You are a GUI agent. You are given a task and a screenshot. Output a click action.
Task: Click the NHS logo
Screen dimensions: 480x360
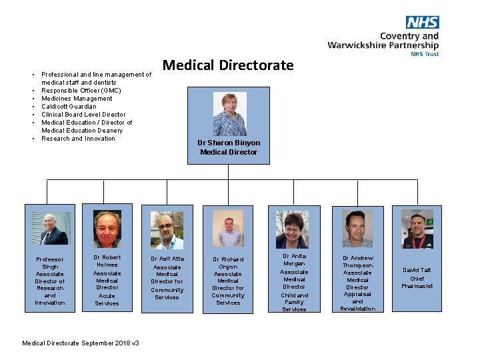[422, 23]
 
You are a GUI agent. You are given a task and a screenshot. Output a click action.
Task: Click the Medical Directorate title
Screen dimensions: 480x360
[228, 65]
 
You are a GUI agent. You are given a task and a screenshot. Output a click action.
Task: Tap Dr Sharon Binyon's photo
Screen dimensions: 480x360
[229, 114]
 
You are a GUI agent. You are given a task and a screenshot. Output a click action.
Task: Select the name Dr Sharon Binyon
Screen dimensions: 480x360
[229, 143]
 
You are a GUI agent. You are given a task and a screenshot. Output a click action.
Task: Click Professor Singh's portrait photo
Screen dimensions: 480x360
[50, 229]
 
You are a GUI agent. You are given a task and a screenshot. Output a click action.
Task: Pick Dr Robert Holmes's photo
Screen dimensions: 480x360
[107, 229]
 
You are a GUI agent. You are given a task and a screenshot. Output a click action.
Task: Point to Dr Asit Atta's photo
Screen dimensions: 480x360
[167, 230]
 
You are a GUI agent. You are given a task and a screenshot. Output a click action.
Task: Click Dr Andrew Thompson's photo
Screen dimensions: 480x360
[357, 229]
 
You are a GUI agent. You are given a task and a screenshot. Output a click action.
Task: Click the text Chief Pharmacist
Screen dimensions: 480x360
[417, 282]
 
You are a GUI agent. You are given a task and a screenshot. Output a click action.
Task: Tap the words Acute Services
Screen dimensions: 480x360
[107, 299]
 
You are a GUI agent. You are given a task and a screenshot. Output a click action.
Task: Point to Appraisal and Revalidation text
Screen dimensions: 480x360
[358, 301]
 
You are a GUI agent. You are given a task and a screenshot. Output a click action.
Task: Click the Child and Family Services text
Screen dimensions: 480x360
[294, 302]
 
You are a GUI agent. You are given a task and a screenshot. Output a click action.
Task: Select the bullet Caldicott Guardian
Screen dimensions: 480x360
[69, 107]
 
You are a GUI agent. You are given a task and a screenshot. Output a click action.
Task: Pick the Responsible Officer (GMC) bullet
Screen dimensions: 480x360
[81, 91]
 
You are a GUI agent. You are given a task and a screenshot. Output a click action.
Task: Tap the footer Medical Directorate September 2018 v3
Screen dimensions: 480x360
[81, 343]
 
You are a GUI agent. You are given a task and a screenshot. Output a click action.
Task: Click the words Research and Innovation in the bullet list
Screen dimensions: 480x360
[78, 139]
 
